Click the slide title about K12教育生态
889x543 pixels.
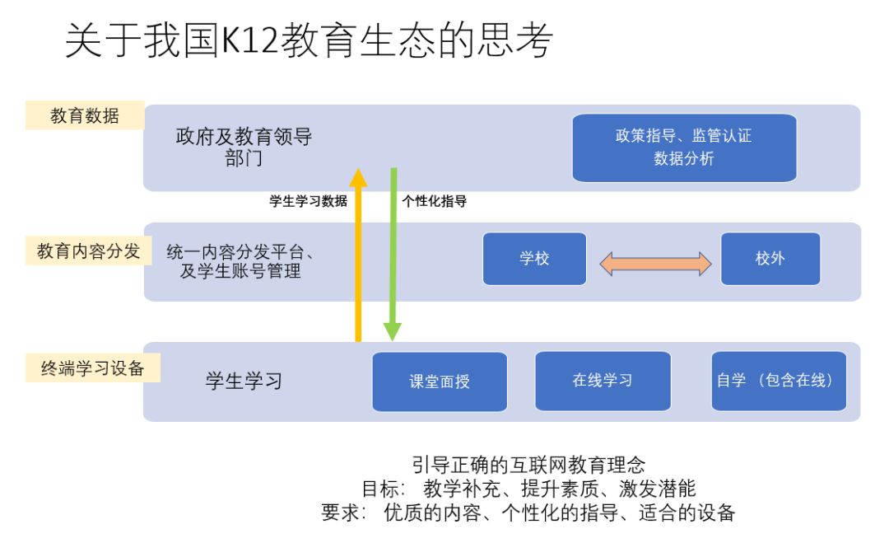[309, 41]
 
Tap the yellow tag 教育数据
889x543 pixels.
[85, 116]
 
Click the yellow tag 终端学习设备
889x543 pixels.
[92, 368]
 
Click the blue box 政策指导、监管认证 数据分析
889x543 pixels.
[684, 147]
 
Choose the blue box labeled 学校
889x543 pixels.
[534, 259]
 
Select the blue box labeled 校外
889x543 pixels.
[770, 259]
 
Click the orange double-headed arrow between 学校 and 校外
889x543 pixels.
[654, 263]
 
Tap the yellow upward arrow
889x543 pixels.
[358, 255]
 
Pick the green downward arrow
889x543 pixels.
[393, 255]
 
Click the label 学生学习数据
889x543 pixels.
[308, 201]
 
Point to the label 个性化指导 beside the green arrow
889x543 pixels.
[434, 201]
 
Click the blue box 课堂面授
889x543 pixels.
[428, 382]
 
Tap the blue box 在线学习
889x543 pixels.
[603, 381]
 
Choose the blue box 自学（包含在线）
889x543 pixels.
[778, 381]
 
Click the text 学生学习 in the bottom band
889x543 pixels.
[244, 382]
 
